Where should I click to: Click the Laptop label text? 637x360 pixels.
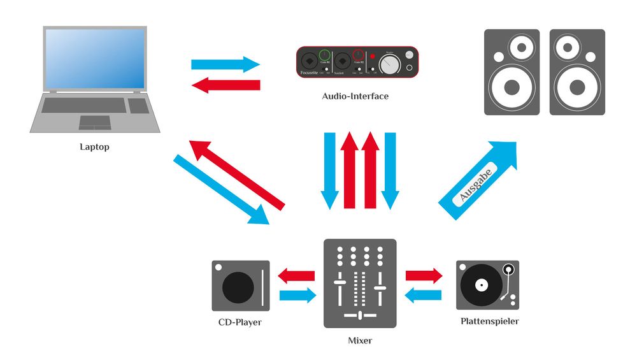(94, 147)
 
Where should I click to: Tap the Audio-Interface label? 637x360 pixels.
(355, 97)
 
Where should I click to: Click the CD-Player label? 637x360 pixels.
(240, 322)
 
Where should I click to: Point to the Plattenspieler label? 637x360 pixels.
(489, 322)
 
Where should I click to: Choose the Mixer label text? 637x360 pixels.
(360, 341)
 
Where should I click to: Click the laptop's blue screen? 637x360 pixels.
(95, 58)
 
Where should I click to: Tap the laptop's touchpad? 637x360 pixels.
(94, 122)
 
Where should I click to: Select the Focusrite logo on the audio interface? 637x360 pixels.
(312, 73)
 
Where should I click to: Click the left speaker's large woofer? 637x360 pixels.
(508, 87)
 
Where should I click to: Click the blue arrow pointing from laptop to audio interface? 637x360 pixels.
(225, 64)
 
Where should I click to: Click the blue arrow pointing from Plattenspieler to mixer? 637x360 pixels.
(424, 294)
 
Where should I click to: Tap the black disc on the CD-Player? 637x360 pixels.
(238, 287)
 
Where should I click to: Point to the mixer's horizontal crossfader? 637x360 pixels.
(360, 315)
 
